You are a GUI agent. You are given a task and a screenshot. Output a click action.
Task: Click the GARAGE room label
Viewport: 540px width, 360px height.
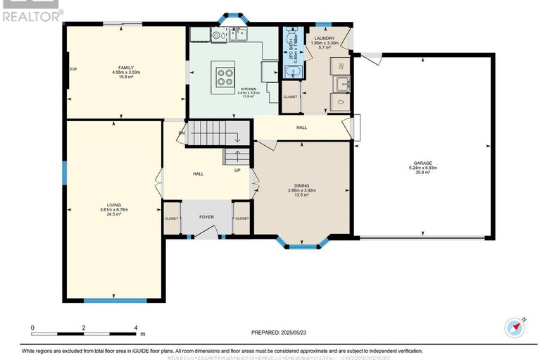423,162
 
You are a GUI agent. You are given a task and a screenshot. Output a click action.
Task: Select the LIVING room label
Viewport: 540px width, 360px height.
113,204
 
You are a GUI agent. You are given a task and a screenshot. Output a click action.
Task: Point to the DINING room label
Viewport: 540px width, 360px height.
301,185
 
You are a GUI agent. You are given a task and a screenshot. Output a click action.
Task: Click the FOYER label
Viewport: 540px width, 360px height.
206,218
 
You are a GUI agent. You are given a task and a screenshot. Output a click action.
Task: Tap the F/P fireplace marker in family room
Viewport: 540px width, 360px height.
73,69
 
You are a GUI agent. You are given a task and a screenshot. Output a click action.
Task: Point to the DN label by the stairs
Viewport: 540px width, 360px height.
182,132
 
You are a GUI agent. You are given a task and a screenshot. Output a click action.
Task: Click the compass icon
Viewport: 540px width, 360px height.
515,328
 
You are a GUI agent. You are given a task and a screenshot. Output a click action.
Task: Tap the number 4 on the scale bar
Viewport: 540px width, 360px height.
135,328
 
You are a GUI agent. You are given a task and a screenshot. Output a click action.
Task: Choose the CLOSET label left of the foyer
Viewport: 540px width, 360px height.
171,218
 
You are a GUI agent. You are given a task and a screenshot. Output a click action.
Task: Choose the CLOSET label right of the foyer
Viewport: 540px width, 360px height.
241,218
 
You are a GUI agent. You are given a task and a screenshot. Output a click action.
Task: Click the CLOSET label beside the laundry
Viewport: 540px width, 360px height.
290,97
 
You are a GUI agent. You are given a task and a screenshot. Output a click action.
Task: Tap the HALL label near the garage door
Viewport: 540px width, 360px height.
301,128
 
